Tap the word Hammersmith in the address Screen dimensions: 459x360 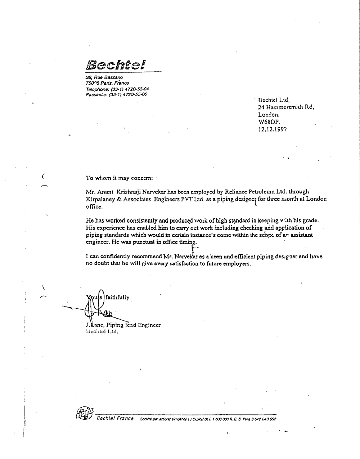point(287,107)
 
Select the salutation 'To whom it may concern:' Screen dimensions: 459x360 point(119,178)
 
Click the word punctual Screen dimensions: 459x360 point(145,242)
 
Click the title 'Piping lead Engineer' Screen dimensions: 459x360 point(134,325)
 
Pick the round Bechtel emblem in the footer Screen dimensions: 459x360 point(85,413)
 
